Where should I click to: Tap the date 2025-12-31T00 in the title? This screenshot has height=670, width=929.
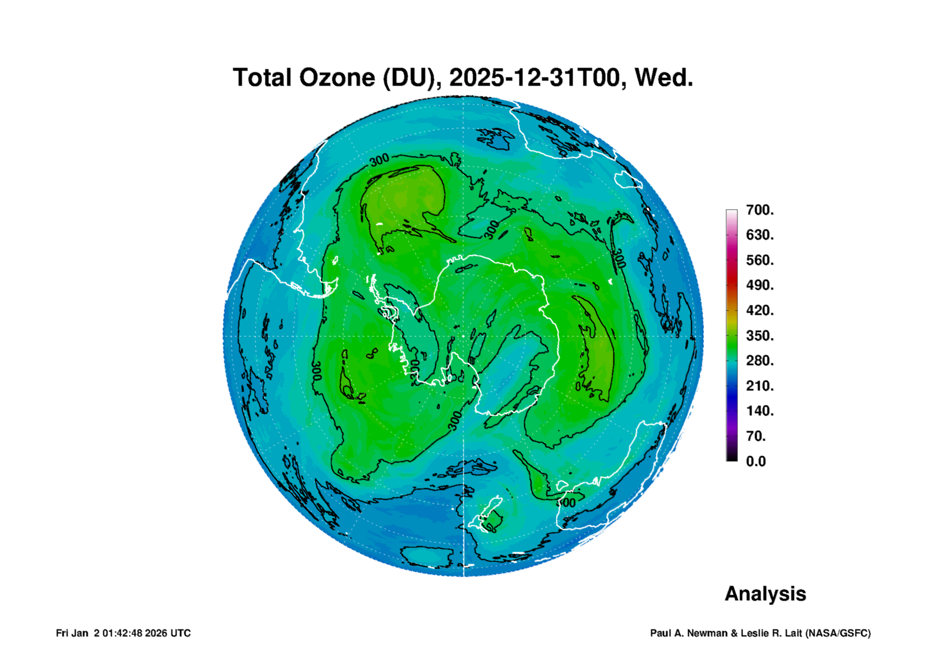pyautogui.click(x=534, y=78)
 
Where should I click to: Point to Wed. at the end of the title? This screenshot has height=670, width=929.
pyautogui.click(x=664, y=78)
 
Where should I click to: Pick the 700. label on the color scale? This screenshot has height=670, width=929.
pyautogui.click(x=760, y=210)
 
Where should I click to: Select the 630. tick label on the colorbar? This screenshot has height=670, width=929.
pyautogui.click(x=760, y=235)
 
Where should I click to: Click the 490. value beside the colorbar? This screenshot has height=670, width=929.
pyautogui.click(x=760, y=285)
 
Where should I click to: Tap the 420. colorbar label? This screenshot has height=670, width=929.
pyautogui.click(x=760, y=310)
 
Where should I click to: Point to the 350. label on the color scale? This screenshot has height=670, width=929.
pyautogui.click(x=760, y=335)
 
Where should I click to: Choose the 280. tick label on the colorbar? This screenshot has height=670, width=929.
pyautogui.click(x=760, y=361)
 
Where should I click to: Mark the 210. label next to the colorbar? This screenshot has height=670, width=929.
pyautogui.click(x=760, y=386)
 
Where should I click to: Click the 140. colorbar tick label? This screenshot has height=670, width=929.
pyautogui.click(x=760, y=411)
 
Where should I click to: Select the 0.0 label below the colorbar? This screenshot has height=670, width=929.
pyautogui.click(x=756, y=461)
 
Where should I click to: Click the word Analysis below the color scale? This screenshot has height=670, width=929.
pyautogui.click(x=766, y=594)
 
